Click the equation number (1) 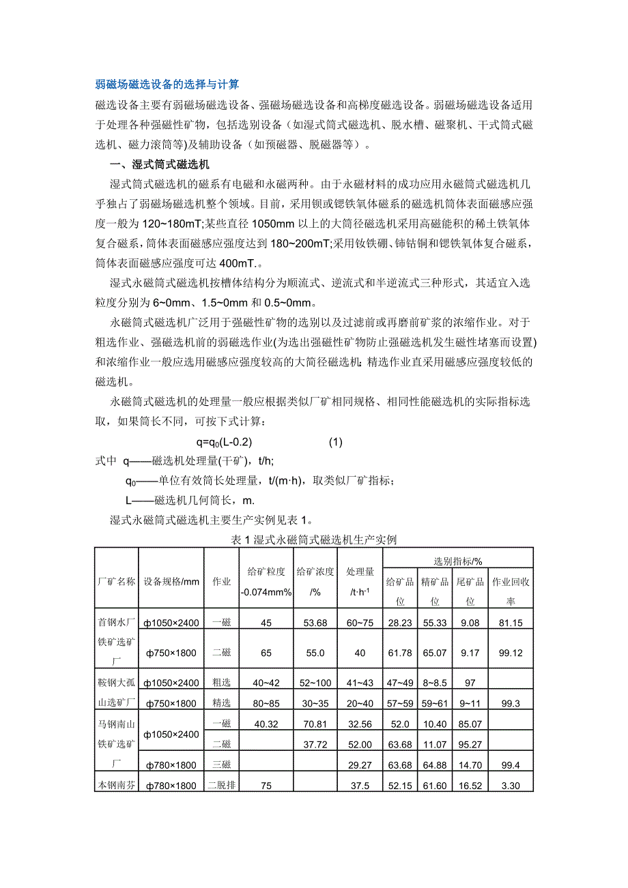(335, 441)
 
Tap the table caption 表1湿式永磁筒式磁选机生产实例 (314, 539)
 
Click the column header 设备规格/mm (172, 582)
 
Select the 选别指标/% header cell (458, 561)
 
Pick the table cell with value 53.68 (315, 623)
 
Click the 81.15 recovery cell (511, 623)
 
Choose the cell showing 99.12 (511, 653)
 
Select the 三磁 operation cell (222, 765)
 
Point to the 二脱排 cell (222, 786)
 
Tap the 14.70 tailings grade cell (471, 765)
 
